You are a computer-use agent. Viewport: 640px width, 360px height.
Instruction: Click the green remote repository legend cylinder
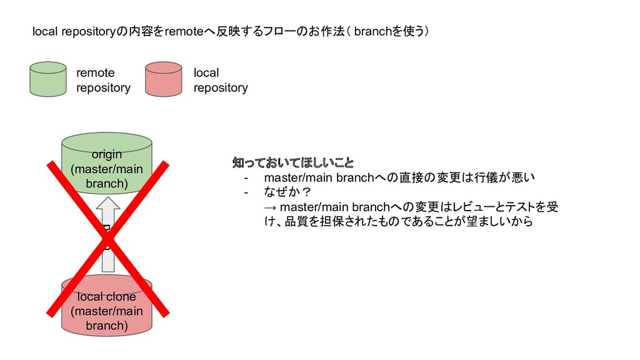[47, 79]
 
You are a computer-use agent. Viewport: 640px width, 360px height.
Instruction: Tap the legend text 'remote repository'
[103, 81]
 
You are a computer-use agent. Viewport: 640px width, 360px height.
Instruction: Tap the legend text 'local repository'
[220, 81]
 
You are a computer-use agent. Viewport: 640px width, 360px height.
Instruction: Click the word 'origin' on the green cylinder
[107, 154]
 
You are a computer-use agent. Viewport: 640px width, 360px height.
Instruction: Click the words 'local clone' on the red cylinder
[107, 297]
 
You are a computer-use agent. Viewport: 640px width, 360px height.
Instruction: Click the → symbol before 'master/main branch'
[271, 207]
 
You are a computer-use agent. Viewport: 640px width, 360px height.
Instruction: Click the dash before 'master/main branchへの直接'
[247, 178]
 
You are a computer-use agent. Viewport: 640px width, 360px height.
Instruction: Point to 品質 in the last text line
[294, 221]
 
